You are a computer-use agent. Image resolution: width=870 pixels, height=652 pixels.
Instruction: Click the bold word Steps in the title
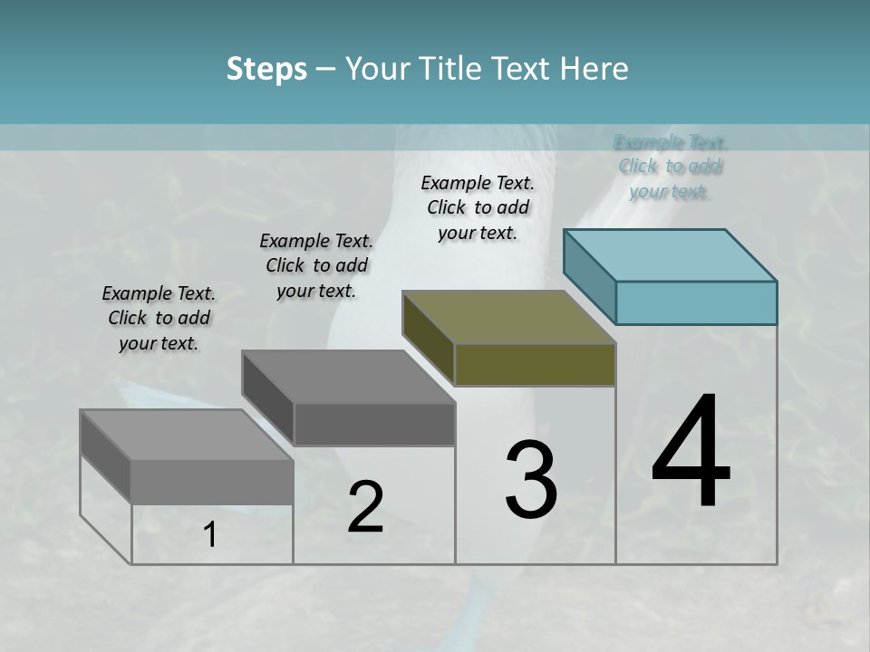(x=266, y=70)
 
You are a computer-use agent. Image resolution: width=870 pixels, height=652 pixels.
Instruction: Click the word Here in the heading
(x=594, y=69)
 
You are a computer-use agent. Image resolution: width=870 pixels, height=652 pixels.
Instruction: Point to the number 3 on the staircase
(x=531, y=479)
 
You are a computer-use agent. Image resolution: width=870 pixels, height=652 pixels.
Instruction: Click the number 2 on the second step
(x=365, y=507)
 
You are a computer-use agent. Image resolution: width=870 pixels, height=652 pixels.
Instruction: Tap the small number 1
(x=210, y=535)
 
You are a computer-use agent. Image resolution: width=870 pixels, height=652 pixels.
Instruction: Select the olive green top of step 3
(x=507, y=316)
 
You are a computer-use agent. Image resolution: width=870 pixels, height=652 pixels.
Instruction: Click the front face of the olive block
(x=535, y=365)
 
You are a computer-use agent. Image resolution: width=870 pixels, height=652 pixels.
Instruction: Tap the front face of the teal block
(x=696, y=302)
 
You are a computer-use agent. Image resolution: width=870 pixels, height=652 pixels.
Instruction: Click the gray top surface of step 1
(x=186, y=435)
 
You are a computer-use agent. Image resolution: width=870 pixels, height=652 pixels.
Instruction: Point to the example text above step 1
(x=159, y=318)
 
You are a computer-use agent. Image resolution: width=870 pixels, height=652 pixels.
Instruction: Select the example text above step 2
(x=316, y=265)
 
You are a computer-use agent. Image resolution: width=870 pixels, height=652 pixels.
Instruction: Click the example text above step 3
(x=478, y=207)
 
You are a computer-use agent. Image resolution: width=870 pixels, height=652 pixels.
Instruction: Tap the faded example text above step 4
(x=671, y=167)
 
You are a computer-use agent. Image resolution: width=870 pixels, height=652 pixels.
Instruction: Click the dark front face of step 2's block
(x=374, y=425)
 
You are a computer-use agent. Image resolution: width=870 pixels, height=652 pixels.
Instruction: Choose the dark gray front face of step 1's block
(x=212, y=482)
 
